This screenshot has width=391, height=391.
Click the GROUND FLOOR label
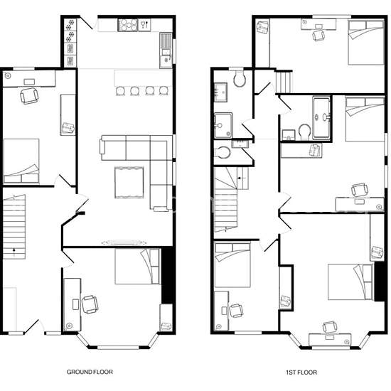click(x=90, y=372)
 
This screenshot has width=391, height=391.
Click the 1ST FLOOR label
click(x=301, y=373)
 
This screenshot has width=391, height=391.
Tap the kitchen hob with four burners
click(x=128, y=25)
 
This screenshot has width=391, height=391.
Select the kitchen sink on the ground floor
click(x=166, y=50)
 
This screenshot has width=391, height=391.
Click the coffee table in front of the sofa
click(x=129, y=183)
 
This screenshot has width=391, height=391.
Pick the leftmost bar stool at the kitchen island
click(x=120, y=91)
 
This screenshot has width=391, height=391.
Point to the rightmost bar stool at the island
click(x=164, y=91)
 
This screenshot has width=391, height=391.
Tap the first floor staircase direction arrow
click(x=242, y=178)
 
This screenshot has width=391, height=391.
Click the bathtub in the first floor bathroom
click(x=321, y=118)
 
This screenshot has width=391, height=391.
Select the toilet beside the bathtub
click(x=304, y=132)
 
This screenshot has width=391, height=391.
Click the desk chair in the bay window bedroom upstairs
click(x=329, y=328)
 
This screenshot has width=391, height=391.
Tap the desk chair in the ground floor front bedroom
click(x=90, y=304)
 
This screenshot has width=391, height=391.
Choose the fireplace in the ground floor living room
click(x=124, y=242)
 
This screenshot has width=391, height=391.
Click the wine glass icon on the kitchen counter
click(x=144, y=25)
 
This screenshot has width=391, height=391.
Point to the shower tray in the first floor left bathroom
click(x=223, y=125)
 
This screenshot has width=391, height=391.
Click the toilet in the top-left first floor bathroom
click(x=240, y=78)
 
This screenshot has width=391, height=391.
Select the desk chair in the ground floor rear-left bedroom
click(x=29, y=95)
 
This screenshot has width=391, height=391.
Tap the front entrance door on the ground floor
click(x=32, y=326)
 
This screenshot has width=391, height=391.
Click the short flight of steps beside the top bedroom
click(x=284, y=82)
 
